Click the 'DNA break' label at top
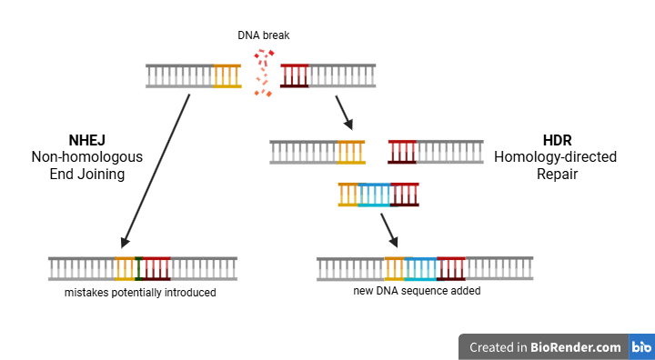263,35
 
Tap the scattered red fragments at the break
263,73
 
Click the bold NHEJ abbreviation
87,140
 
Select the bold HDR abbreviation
556,140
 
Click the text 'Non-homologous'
87,157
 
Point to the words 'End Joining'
87,175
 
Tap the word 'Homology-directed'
556,157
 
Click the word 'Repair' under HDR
556,175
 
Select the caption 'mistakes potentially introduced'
140,294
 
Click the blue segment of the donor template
374,195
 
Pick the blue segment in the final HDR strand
420,268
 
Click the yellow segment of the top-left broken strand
227,76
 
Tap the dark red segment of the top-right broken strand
294,76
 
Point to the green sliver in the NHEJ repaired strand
137,268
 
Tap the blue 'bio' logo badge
641,346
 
